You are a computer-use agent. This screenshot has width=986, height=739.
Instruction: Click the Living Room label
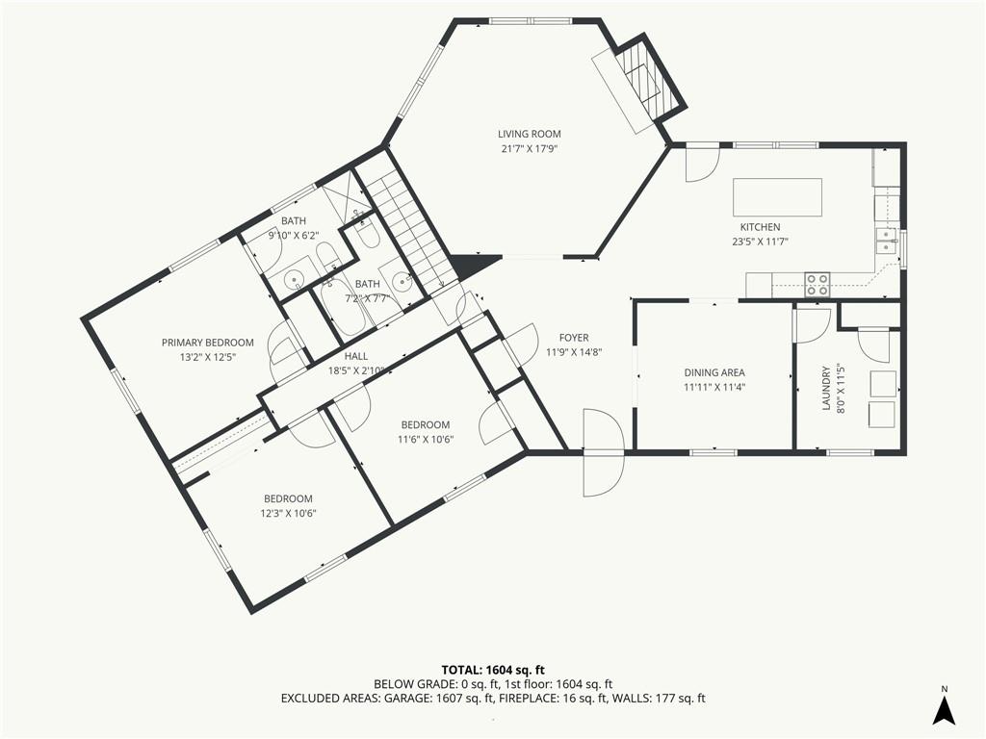(x=529, y=134)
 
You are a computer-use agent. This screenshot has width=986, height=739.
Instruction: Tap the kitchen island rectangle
(x=777, y=197)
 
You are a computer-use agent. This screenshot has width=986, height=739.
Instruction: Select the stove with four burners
(x=817, y=285)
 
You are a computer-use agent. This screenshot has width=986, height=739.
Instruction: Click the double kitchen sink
(x=887, y=241)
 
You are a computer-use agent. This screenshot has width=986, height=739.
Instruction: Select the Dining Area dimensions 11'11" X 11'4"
(x=714, y=388)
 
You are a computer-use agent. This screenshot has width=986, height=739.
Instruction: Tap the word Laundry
(x=826, y=389)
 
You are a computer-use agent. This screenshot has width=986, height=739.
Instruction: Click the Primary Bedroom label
(x=208, y=343)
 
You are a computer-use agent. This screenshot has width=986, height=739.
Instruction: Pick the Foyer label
(x=574, y=338)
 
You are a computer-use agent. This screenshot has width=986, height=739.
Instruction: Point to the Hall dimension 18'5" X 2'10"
(x=356, y=370)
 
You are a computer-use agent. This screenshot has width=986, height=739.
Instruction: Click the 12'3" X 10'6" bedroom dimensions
(x=288, y=514)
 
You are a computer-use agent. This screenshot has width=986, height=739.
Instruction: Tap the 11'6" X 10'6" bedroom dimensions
(x=425, y=439)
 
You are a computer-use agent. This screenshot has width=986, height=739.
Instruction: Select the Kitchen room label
(x=760, y=227)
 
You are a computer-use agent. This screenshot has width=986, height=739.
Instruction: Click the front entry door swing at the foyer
(x=604, y=452)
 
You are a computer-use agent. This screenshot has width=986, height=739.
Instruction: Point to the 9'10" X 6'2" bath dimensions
(x=294, y=236)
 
